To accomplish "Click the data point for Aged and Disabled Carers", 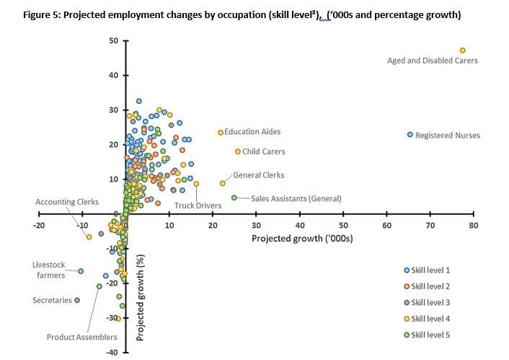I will click(463, 50).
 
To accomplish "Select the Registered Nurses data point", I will click(410, 135).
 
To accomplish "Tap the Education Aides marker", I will click(221, 132).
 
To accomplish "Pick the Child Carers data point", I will click(238, 152).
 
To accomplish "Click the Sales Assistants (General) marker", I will click(234, 198).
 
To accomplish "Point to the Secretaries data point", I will click(77, 300).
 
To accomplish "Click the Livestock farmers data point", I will click(81, 271).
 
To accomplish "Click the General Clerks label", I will click(258, 175).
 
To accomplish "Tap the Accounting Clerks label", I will click(67, 202).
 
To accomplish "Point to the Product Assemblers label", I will click(81, 337).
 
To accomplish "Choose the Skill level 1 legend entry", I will click(427, 270).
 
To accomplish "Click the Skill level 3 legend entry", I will click(427, 302).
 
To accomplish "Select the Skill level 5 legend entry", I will click(427, 335).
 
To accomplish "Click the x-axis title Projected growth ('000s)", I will click(301, 238).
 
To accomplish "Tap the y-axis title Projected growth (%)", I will click(141, 297).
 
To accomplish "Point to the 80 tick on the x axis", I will click(473, 226).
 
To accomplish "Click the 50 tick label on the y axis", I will click(114, 41).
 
